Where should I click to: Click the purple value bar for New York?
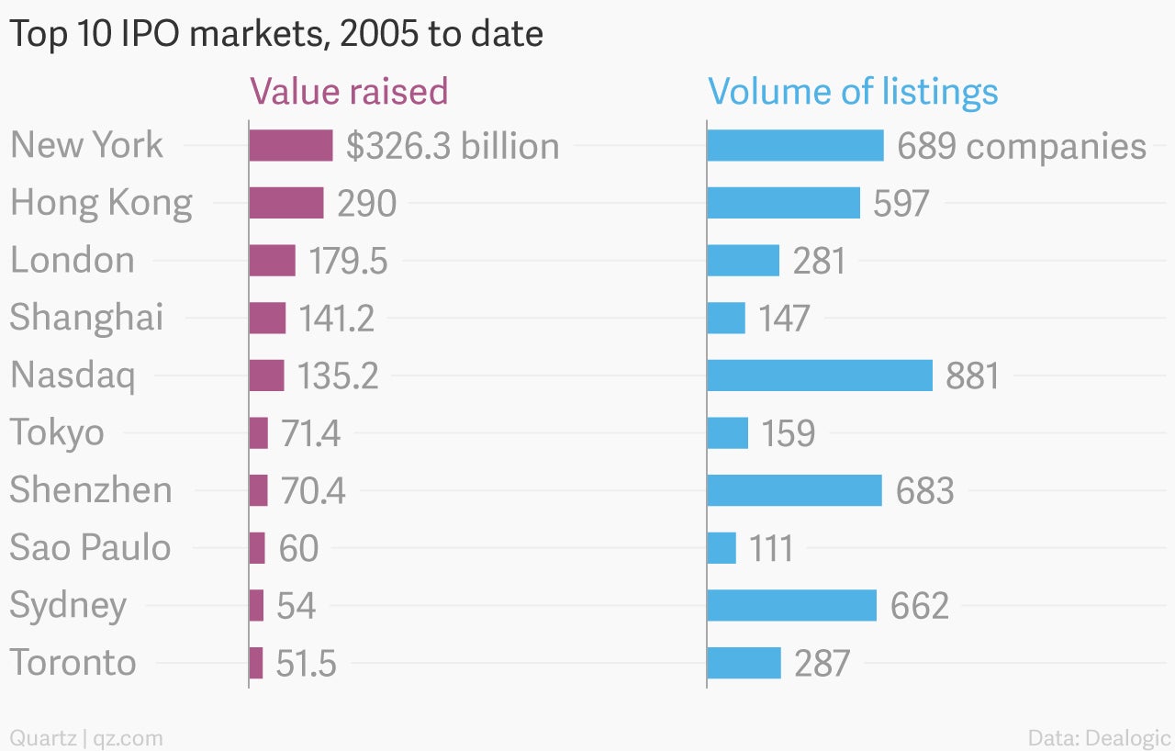(291, 145)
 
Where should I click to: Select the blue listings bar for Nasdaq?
(820, 375)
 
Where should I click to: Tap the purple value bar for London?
(273, 261)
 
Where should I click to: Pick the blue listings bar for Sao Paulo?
(722, 548)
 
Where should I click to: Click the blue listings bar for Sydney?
(792, 606)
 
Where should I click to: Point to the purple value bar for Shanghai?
(267, 318)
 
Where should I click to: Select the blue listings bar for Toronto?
(744, 663)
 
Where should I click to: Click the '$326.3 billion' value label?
(453, 146)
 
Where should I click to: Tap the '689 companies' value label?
(1022, 146)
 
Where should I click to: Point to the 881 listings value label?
(972, 376)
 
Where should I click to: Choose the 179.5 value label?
(348, 261)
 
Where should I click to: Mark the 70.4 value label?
(313, 491)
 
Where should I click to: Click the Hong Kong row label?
(101, 204)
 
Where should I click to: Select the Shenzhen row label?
(91, 490)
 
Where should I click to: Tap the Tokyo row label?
(57, 433)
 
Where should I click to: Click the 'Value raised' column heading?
(349, 91)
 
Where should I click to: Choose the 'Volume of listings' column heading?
(853, 93)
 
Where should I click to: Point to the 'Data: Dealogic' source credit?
(1100, 738)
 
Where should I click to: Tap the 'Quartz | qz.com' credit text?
(86, 738)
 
